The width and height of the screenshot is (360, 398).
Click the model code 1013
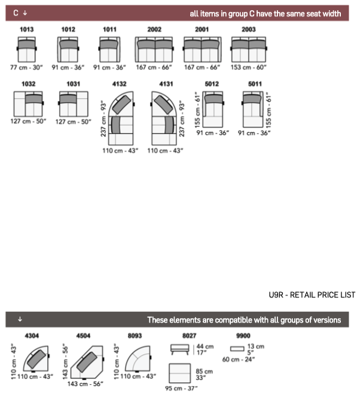pos(27,29)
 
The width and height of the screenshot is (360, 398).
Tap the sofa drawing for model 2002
pos(154,49)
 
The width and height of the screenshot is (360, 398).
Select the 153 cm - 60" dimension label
pos(248,67)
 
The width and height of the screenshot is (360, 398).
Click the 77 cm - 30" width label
pos(26,68)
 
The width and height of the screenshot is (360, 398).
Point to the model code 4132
pos(119,84)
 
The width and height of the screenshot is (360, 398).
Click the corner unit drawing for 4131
pos(164,118)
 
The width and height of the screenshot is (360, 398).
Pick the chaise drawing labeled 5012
pos(213,110)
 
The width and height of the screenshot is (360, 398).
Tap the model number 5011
pos(255,84)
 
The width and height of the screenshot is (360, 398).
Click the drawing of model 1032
pos(29,104)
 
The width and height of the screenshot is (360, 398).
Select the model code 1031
pos(74,84)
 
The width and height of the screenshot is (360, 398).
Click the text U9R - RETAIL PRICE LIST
pos(312,294)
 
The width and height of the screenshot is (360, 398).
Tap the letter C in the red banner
pos(16,13)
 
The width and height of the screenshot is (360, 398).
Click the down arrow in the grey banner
pos(20,319)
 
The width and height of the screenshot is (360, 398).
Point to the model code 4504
pos(83,336)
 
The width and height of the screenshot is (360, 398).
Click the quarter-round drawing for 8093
pos(138,358)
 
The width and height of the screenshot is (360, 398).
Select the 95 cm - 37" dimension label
pos(181,388)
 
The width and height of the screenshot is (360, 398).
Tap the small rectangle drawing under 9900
pos(237,349)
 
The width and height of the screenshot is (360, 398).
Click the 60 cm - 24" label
pos(238,359)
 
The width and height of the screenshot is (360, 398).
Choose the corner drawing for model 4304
pos(36,358)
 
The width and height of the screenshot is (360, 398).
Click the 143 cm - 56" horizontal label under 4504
pos(86,384)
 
